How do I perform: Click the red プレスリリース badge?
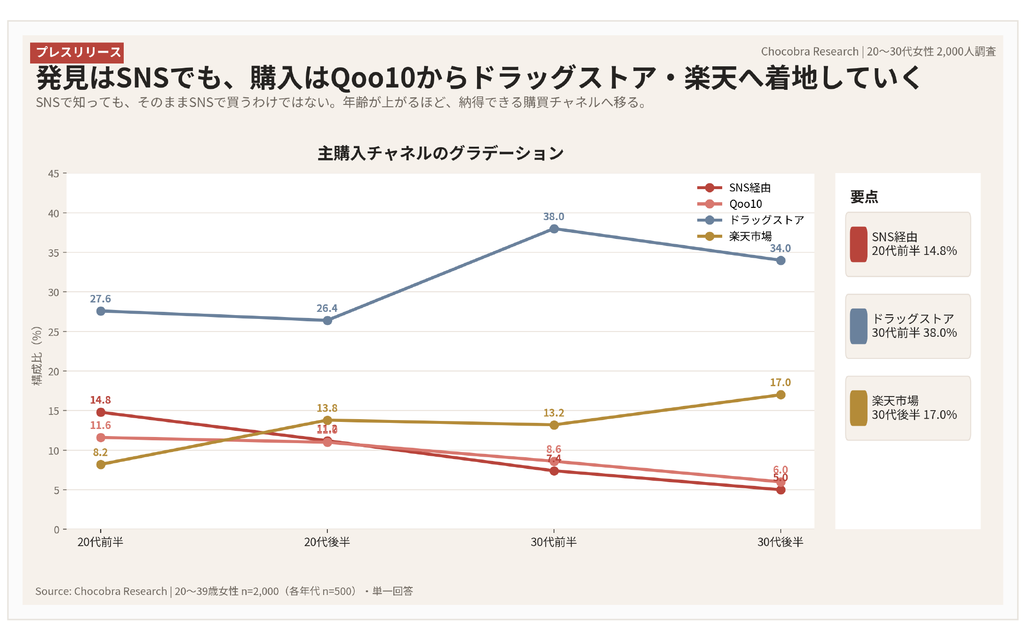(x=77, y=52)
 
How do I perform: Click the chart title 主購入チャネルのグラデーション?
(x=440, y=153)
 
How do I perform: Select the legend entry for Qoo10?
(x=745, y=204)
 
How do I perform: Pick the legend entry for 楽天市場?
(x=750, y=236)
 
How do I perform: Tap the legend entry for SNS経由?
(x=749, y=188)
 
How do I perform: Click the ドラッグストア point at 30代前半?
(x=554, y=229)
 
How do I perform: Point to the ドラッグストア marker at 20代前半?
(x=101, y=311)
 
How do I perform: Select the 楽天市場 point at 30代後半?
(x=781, y=395)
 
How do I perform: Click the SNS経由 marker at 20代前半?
(x=101, y=412)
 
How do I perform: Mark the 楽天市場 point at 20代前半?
(x=101, y=464)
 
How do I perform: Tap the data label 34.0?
(x=780, y=248)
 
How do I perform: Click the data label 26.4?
(x=327, y=308)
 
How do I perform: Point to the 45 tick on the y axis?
(x=54, y=174)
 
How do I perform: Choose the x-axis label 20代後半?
(x=327, y=542)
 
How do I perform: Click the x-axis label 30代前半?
(x=554, y=542)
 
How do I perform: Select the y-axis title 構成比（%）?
(x=37, y=356)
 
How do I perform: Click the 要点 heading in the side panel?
(x=864, y=197)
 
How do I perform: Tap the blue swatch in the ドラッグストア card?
(x=859, y=326)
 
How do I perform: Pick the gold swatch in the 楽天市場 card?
(x=859, y=408)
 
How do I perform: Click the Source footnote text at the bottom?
(x=224, y=591)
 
